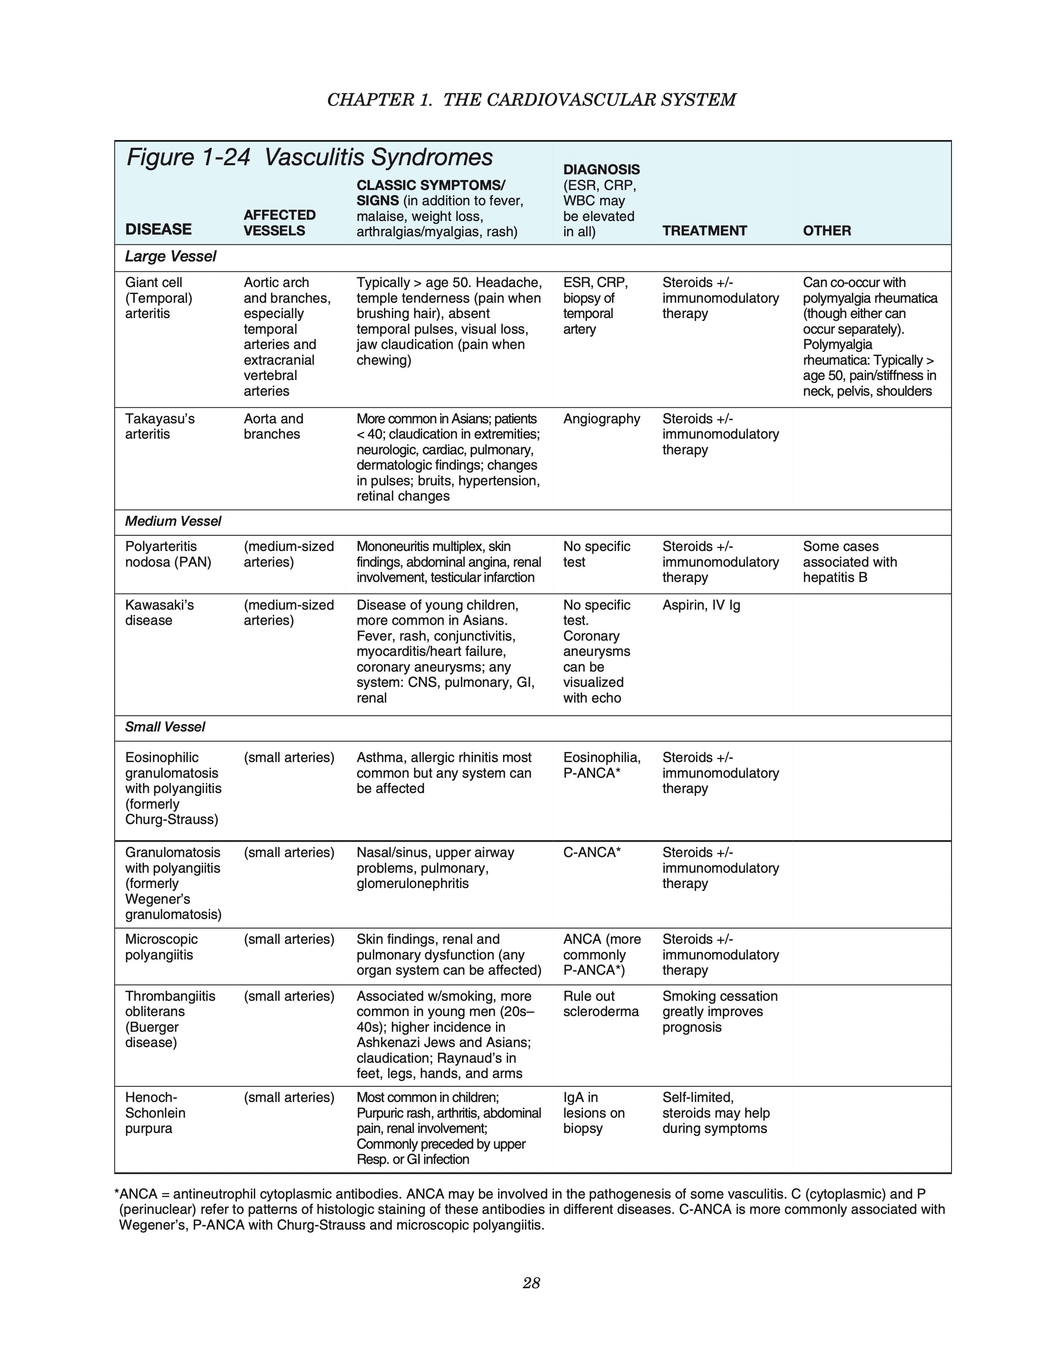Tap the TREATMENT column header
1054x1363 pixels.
click(x=704, y=231)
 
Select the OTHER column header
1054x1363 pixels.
click(x=827, y=231)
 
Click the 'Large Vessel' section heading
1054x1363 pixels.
click(x=170, y=256)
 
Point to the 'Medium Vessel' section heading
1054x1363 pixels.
click(x=173, y=521)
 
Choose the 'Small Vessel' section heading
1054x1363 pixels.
click(x=165, y=727)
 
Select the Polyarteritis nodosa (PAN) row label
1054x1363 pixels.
click(x=168, y=554)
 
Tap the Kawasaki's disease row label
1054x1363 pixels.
click(x=159, y=613)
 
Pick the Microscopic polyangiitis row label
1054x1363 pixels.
click(x=161, y=947)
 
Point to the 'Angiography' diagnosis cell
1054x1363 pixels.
click(x=601, y=419)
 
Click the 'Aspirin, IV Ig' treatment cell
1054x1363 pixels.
click(x=701, y=606)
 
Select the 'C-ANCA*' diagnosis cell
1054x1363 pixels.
click(x=592, y=852)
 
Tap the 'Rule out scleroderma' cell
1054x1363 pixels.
click(x=601, y=1004)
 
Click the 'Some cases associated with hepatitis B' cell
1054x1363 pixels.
click(x=849, y=562)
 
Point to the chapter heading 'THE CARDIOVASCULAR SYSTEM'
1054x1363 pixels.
click(x=589, y=100)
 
